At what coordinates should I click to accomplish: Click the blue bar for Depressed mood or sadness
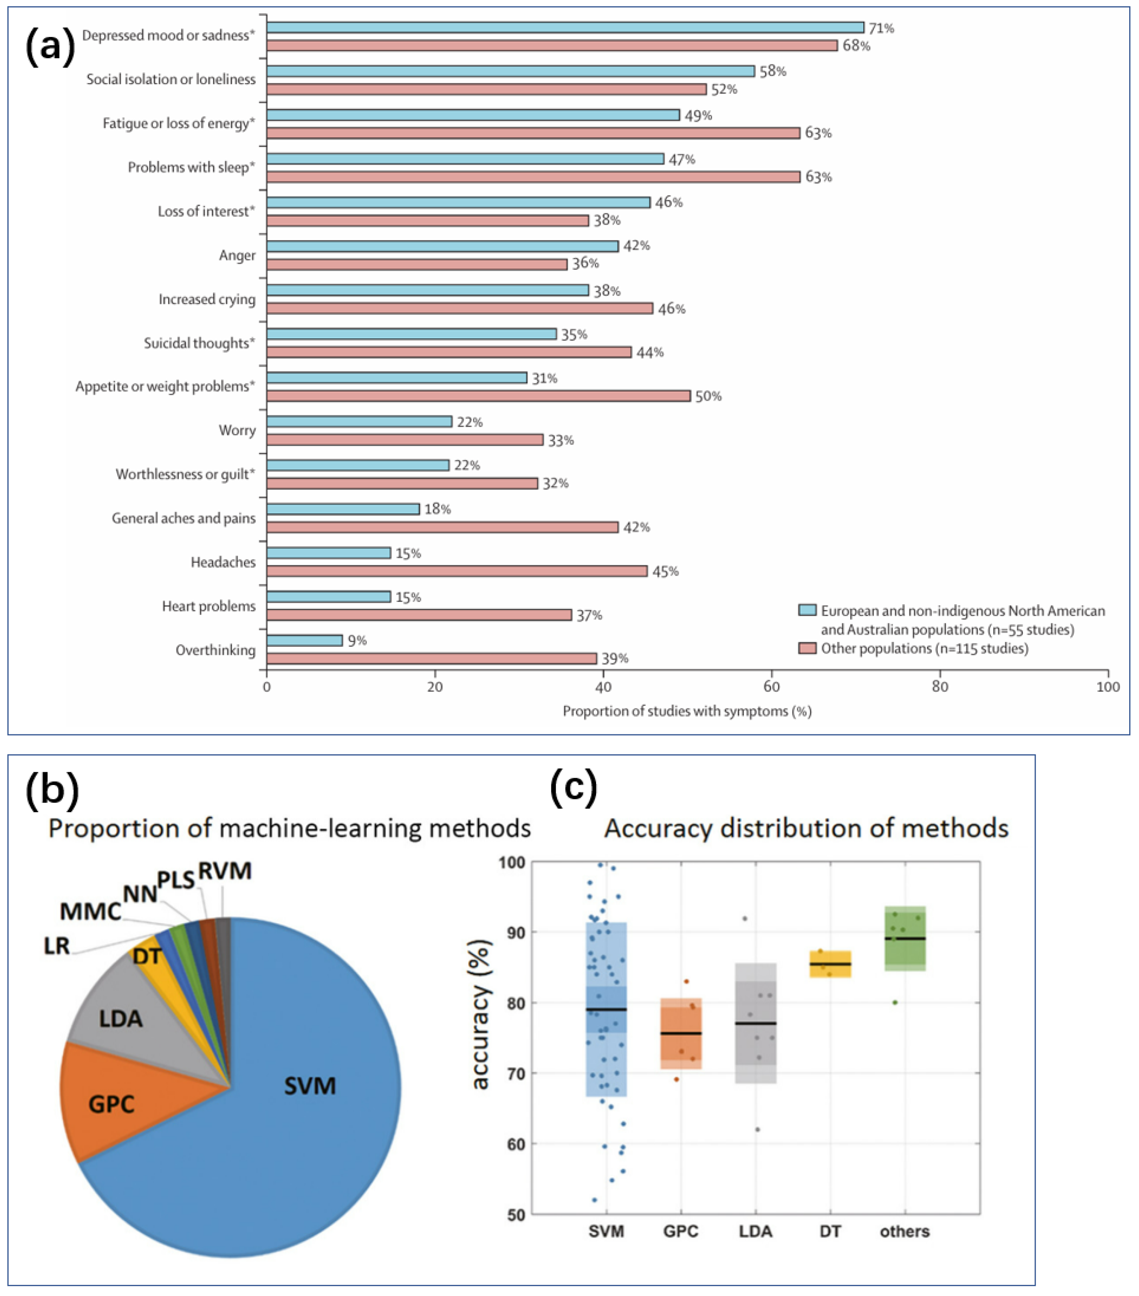click(x=565, y=27)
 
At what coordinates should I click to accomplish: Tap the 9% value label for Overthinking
click(x=357, y=640)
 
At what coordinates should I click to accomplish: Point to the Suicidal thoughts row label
click(x=199, y=343)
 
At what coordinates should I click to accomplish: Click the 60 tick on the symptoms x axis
click(x=771, y=687)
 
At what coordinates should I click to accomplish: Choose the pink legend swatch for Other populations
click(x=807, y=648)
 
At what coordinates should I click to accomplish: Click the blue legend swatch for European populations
click(x=807, y=611)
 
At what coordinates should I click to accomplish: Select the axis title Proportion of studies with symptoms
click(x=687, y=711)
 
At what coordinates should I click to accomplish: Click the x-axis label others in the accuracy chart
click(x=905, y=1231)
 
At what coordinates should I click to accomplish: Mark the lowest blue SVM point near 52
click(x=594, y=1199)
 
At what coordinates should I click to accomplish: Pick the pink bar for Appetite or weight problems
click(x=478, y=396)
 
